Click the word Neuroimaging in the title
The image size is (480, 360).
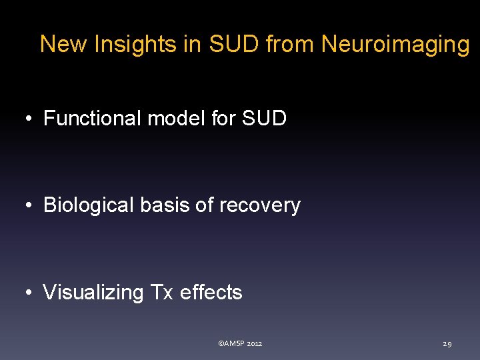click(x=395, y=45)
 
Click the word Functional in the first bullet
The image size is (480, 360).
click(x=92, y=119)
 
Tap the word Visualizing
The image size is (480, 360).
click(x=93, y=292)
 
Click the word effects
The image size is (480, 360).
click(x=211, y=292)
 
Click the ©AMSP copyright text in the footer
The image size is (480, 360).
click(x=231, y=343)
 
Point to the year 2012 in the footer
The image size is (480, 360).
click(x=255, y=343)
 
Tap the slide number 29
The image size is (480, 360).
click(x=447, y=344)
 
